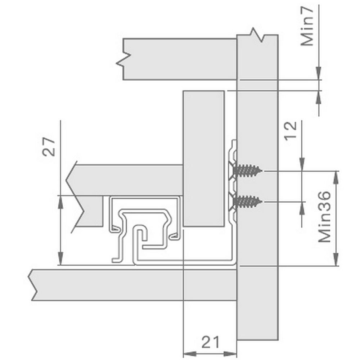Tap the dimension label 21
click(211, 342)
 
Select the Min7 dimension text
click(307, 26)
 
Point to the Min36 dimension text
click(324, 217)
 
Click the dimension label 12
click(291, 131)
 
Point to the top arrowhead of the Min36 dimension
click(336, 177)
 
